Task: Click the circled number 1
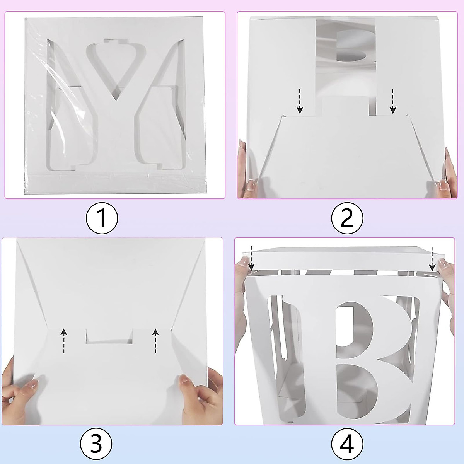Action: (102, 218)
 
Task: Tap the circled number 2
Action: (347, 218)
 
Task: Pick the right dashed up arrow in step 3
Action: (155, 340)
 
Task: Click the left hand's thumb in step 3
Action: (33, 385)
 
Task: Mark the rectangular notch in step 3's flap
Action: (109, 336)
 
